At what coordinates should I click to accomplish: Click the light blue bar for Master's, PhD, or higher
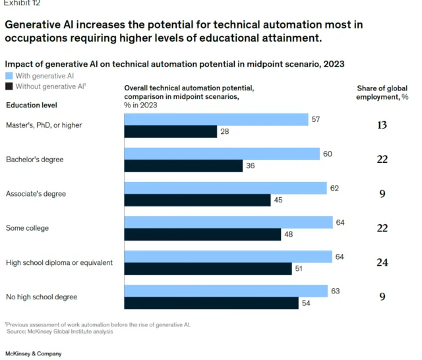(216, 119)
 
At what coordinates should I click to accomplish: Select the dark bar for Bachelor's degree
(183, 165)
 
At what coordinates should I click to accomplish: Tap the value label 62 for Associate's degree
(334, 188)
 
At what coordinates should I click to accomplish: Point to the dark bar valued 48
(202, 234)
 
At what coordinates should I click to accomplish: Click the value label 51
(300, 268)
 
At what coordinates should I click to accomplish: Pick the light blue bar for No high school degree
(226, 291)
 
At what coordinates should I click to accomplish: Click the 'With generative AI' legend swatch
(9, 76)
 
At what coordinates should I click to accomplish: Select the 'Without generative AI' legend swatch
(9, 86)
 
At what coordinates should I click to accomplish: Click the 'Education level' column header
(31, 104)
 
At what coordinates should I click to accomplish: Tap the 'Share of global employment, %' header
(382, 92)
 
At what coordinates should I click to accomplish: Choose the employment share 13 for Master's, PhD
(382, 125)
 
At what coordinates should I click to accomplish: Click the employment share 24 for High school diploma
(382, 262)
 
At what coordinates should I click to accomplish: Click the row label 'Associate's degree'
(36, 194)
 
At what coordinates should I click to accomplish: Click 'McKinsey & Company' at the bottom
(33, 354)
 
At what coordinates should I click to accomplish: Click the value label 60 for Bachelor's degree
(328, 154)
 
